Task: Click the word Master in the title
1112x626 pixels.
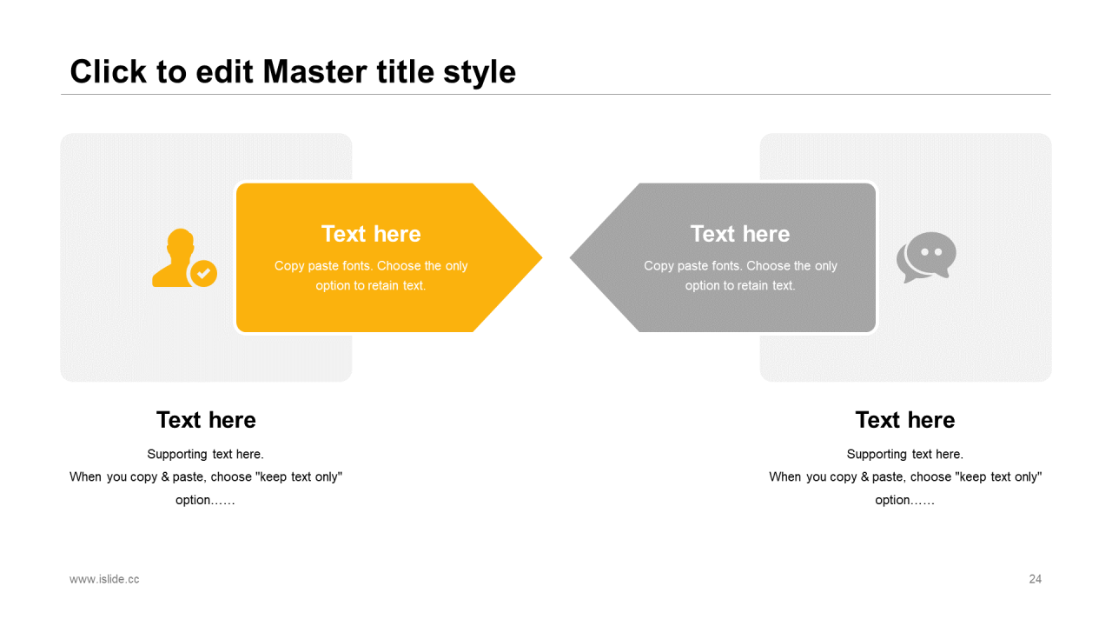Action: click(315, 71)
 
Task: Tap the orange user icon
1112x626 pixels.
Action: click(184, 258)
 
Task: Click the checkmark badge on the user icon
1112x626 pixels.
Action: click(203, 273)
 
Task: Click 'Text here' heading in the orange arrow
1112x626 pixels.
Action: click(371, 234)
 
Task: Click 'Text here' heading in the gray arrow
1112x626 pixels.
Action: click(740, 234)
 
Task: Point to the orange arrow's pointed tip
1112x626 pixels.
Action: click(542, 257)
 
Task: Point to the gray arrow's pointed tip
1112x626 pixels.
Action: click(570, 257)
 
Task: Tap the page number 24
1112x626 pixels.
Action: click(1035, 579)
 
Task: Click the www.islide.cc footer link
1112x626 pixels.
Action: click(104, 579)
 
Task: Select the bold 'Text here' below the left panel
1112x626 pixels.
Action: click(206, 420)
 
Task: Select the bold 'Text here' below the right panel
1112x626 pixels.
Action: click(905, 420)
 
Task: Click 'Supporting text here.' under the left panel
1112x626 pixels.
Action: click(206, 454)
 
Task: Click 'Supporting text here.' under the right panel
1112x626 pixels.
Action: click(905, 454)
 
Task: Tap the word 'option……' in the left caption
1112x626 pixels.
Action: click(205, 500)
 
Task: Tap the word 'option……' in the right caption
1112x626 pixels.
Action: click(904, 500)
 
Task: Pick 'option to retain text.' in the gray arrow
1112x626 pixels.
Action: click(740, 286)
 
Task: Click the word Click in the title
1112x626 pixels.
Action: click(109, 71)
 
